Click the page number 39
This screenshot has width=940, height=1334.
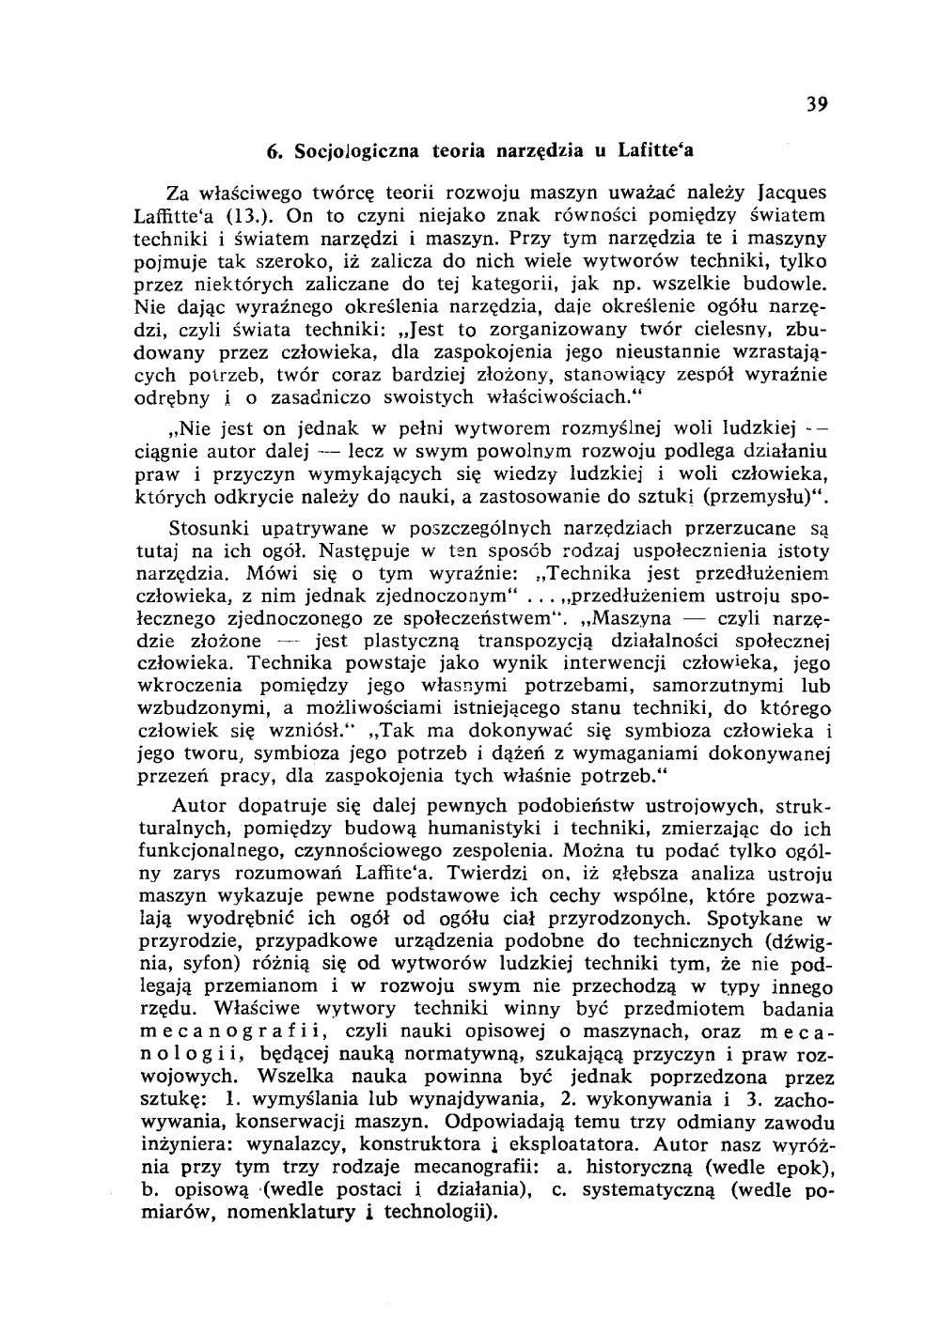click(x=816, y=104)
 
